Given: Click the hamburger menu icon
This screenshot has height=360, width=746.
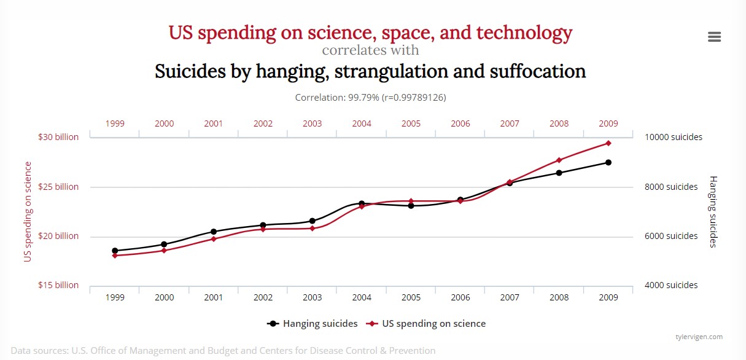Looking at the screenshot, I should [x=714, y=37].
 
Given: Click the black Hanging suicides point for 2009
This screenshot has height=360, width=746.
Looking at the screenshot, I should [x=608, y=162].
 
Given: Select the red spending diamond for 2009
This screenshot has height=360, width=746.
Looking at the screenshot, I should [x=608, y=143].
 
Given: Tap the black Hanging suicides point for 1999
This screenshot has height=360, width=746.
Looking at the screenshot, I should [x=115, y=251].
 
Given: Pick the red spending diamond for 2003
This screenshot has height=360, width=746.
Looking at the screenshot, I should [x=312, y=229].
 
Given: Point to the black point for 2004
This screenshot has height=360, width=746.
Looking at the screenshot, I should [x=362, y=203].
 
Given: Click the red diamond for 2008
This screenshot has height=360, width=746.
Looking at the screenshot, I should [x=559, y=160].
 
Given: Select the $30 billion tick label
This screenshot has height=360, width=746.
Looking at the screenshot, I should [x=58, y=137].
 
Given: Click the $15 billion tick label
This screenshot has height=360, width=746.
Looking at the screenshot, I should [x=58, y=285].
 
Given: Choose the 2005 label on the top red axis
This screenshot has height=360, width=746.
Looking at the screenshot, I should [x=411, y=123].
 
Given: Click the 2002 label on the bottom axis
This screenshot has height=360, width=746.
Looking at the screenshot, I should [x=263, y=297].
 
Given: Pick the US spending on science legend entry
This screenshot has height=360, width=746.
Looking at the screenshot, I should [x=426, y=324].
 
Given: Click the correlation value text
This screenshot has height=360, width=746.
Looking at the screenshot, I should [x=370, y=98].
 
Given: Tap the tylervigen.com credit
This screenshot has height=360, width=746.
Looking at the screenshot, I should [x=699, y=337].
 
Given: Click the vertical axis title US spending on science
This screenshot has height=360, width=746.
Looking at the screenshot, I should [x=28, y=211].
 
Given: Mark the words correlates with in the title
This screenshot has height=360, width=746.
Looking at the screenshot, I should [x=370, y=50].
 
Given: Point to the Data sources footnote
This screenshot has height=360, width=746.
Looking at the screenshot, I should [x=223, y=351].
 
